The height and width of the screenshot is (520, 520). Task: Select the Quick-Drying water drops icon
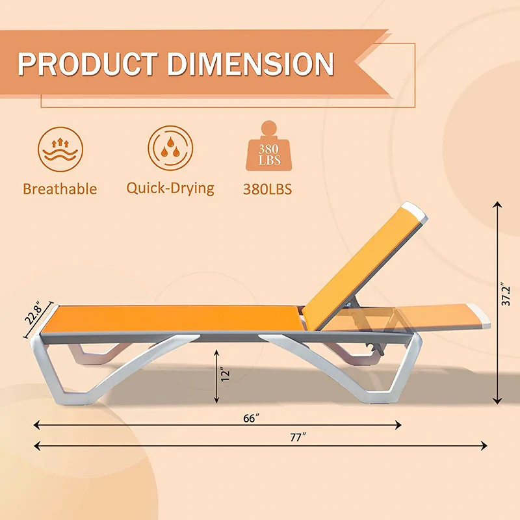pos(170,149)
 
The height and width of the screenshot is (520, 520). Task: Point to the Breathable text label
pos(60,189)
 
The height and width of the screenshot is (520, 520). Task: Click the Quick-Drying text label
pos(170,188)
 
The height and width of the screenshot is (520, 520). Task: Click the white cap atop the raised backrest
pos(414,213)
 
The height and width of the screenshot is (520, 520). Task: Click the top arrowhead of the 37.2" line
pos(497,205)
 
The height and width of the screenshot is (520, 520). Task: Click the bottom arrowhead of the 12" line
pos(216,398)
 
